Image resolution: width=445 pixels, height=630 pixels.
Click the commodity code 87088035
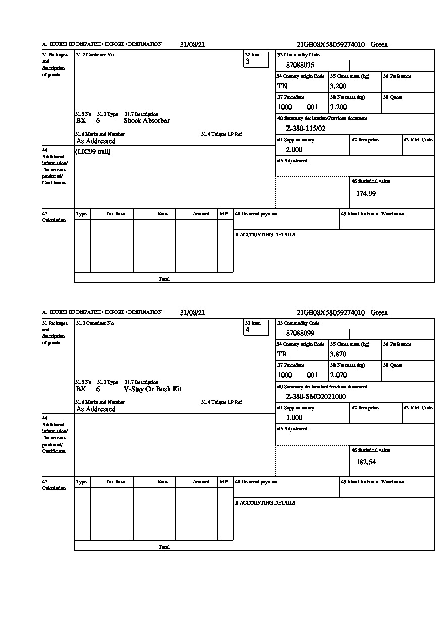tap(300, 65)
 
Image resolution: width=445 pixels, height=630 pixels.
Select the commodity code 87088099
tap(300, 333)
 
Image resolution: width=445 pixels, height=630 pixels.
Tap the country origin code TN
tap(282, 86)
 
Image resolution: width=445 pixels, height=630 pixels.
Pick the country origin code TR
tap(282, 354)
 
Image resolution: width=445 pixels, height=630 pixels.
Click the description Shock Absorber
tap(146, 121)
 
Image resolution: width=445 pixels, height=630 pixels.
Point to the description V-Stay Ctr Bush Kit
tap(152, 389)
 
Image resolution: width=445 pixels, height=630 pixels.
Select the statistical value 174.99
tap(366, 193)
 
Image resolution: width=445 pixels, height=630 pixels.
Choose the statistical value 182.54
tap(366, 462)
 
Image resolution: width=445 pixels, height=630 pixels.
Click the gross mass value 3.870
tap(338, 354)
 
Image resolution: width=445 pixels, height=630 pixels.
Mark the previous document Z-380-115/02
tap(306, 129)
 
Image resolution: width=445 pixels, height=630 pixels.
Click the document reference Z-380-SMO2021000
tap(315, 397)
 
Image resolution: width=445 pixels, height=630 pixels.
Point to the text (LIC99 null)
tap(93, 152)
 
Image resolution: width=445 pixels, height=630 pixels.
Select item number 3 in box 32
tap(247, 61)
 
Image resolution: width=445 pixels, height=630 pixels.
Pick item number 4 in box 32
tap(247, 330)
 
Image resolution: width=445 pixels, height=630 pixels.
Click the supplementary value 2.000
tap(294, 150)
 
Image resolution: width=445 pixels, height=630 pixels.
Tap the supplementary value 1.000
tap(294, 418)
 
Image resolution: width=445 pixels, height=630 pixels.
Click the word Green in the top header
tap(379, 45)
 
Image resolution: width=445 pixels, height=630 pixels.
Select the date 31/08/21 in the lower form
tap(192, 313)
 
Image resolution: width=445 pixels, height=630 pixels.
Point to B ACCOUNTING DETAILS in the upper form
tap(265, 235)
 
